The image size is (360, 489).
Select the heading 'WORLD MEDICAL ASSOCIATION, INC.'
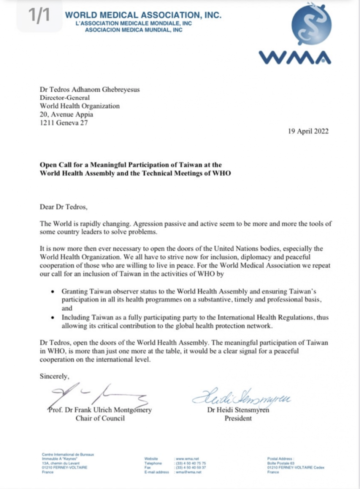(142, 16)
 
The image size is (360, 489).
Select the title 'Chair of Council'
(100, 418)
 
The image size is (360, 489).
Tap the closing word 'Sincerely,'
(55, 376)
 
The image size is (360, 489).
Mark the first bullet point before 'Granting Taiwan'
(53, 290)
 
